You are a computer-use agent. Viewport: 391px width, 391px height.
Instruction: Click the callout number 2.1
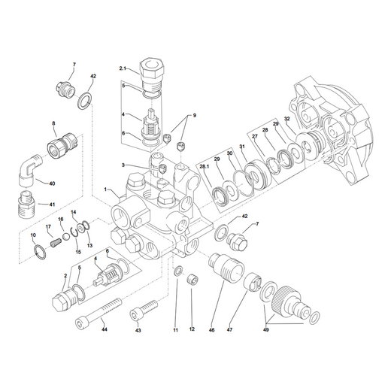tap(123, 68)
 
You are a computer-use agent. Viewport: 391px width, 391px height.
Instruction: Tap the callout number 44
tap(105, 329)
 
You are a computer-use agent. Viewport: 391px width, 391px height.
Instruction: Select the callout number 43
tap(138, 331)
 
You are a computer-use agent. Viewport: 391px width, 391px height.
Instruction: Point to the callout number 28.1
tap(205, 167)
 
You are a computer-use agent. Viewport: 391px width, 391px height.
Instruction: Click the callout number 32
tap(287, 118)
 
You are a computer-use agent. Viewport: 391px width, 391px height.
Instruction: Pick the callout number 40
tap(52, 183)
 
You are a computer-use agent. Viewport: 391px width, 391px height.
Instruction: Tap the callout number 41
tap(52, 205)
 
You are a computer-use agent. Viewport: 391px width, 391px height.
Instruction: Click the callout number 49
tap(266, 330)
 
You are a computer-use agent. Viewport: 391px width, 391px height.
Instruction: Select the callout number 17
tap(48, 226)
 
